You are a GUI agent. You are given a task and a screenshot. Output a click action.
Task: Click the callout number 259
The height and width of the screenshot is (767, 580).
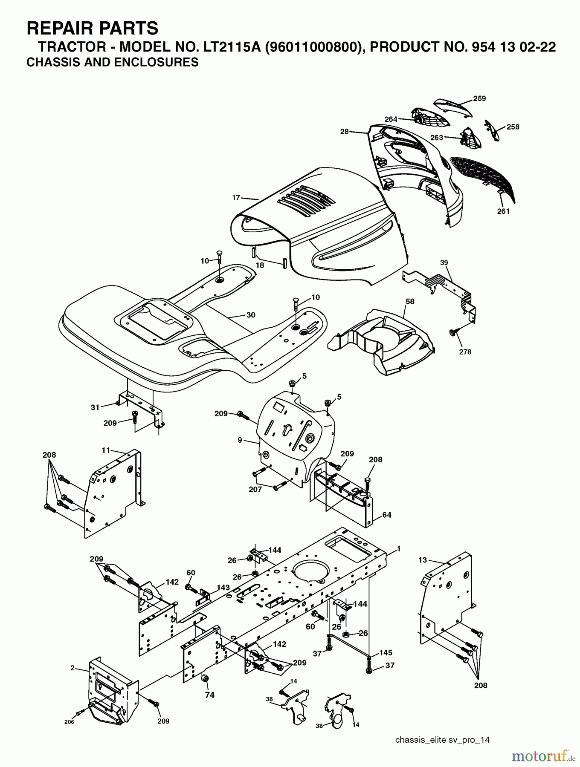pos(479,98)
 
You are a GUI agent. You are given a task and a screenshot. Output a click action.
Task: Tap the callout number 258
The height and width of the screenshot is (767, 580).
pos(513,127)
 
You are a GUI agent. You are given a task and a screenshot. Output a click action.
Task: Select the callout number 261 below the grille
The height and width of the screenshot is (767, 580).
pos(503,211)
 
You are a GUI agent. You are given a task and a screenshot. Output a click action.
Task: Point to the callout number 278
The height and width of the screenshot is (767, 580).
pos(465,352)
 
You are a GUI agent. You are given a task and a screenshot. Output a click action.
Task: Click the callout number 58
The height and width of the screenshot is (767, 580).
pos(410,301)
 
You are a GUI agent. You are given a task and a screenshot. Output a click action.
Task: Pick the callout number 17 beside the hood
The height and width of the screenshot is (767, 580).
pos(236,197)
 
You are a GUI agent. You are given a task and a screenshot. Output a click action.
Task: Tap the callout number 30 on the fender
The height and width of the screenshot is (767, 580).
pos(251,315)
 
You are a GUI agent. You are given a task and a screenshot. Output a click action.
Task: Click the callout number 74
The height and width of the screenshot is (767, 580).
pos(209,695)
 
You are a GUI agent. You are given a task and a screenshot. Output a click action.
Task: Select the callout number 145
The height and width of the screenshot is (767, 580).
pos(386,653)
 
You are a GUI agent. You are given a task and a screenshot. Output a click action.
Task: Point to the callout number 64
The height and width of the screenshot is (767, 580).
pos(386,515)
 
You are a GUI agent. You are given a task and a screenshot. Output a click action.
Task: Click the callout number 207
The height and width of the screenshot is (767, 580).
pos(255,490)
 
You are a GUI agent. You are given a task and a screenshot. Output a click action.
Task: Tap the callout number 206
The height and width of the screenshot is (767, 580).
pos(69,722)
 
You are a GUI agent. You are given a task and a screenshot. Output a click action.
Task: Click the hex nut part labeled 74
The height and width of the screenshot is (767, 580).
pos(204,678)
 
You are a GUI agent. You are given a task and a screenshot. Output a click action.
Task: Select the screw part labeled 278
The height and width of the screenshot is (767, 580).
pos(453,333)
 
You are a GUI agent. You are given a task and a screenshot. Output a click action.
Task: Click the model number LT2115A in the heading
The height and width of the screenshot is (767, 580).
pos(229,47)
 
